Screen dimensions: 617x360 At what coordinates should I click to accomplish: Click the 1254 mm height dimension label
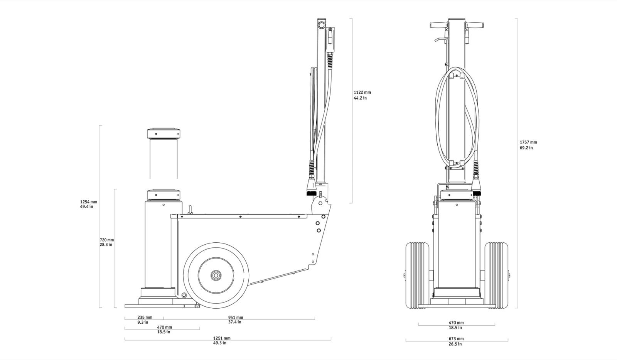(x=89, y=204)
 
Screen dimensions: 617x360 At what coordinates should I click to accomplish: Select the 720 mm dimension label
(x=106, y=242)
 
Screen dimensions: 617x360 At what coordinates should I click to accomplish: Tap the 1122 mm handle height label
(x=362, y=95)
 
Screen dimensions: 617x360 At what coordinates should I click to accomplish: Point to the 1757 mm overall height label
(x=528, y=145)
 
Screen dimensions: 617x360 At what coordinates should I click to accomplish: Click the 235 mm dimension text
(x=145, y=320)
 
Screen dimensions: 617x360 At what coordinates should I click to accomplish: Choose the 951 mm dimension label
(x=236, y=320)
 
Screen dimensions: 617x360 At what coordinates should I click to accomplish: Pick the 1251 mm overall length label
(x=222, y=340)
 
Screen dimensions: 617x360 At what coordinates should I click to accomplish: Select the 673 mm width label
(x=456, y=341)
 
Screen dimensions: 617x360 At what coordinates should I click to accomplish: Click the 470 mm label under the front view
(x=456, y=325)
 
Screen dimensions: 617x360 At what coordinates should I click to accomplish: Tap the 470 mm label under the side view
(x=164, y=330)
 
